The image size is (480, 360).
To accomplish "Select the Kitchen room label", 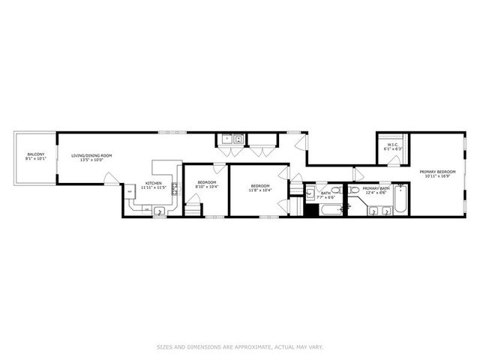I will tap(154, 183).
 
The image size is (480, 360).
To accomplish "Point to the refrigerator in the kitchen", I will tap(130, 193).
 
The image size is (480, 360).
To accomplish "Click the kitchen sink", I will tap(160, 211).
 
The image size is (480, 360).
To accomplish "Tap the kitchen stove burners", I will tap(173, 188).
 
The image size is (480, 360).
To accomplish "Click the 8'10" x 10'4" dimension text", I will tap(206, 186).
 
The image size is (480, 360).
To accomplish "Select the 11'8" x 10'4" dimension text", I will tap(259, 190).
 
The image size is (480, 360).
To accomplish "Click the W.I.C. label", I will tap(392, 145).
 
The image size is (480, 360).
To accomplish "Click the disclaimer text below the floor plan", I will tap(239, 346).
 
